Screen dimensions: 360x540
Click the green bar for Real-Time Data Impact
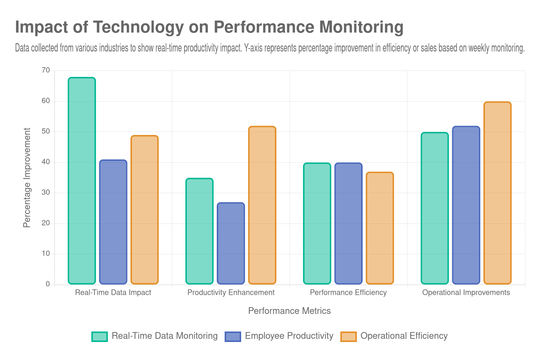coord(82,180)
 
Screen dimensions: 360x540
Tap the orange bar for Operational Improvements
coord(497,193)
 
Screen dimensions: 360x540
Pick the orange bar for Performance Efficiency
coord(380,228)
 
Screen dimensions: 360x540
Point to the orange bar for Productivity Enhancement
coord(262,205)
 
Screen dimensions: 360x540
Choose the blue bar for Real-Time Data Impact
coord(113,222)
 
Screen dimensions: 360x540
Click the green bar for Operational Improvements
coord(435,208)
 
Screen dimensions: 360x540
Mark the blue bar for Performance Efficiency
coord(348,223)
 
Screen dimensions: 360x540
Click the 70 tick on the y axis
coord(46,70)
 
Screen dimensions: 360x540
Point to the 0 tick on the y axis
coord(48,284)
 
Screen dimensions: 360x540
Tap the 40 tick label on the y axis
coord(46,162)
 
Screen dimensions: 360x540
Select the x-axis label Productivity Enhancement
coord(231,292)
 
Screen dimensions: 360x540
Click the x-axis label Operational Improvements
coord(466,292)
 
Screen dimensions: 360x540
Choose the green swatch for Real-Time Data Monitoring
coord(99,336)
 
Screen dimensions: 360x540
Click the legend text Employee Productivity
coord(289,336)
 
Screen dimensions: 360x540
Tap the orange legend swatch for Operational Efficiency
coord(348,336)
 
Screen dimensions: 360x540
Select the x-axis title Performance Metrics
coord(289,311)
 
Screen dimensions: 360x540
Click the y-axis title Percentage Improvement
coord(27,177)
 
